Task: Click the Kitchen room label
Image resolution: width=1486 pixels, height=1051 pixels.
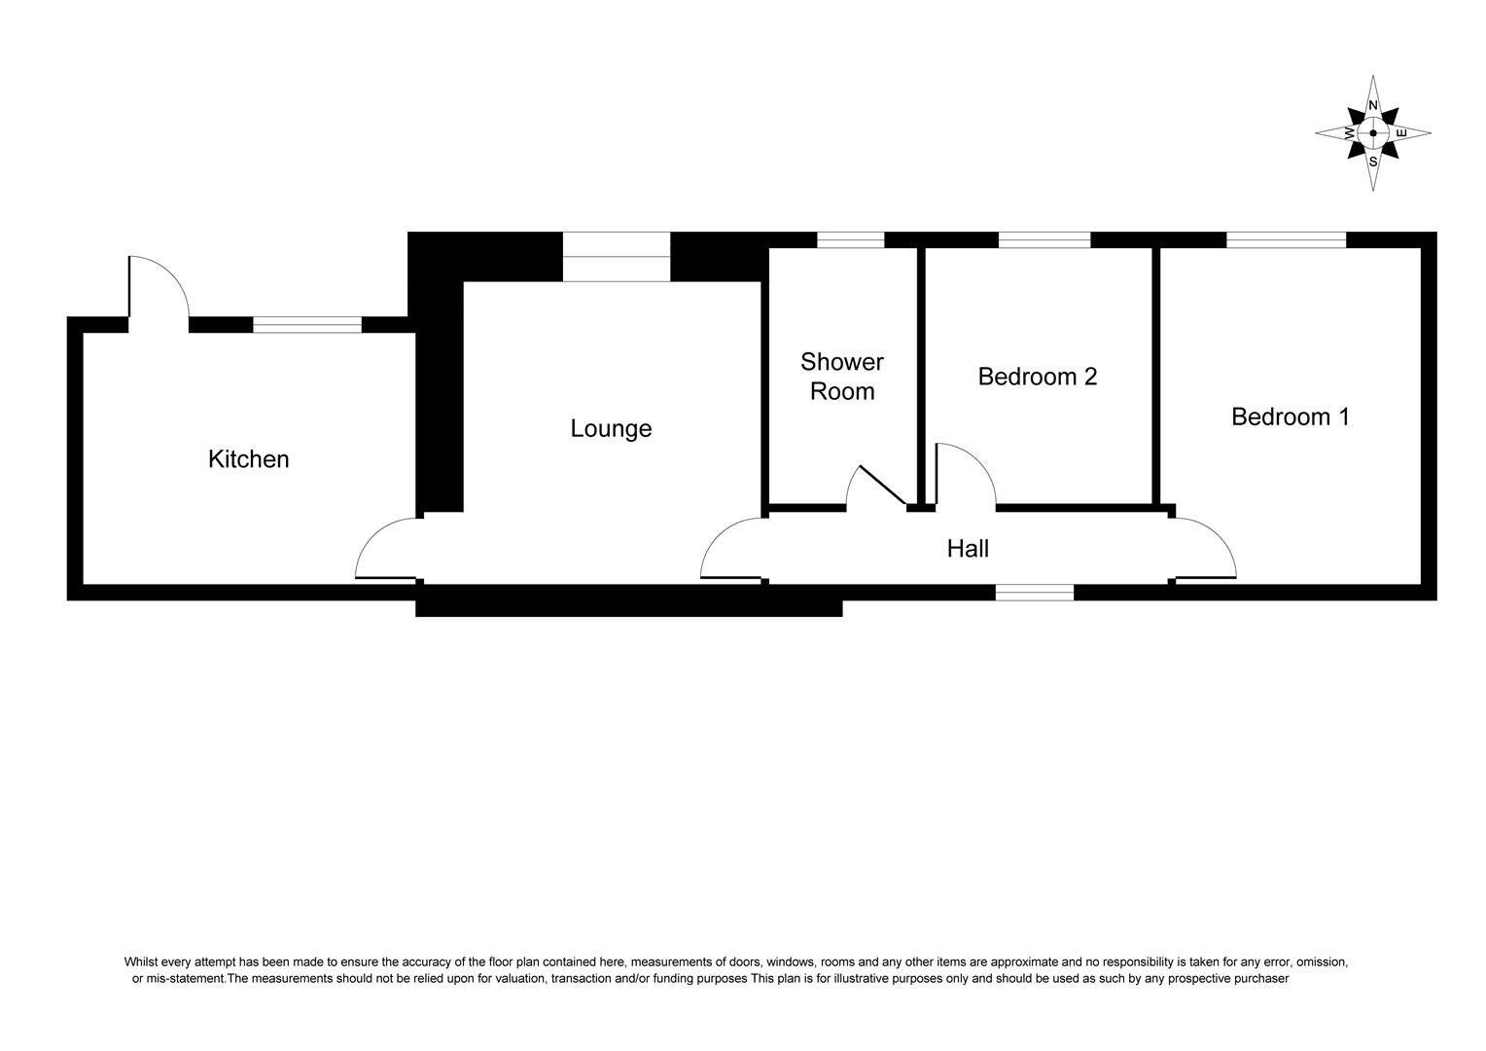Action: click(x=248, y=459)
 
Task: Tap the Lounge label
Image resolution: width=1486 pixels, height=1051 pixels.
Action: click(x=611, y=428)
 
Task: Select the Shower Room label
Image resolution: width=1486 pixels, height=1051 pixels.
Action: click(x=842, y=377)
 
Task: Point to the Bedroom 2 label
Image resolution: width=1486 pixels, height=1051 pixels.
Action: click(x=1037, y=377)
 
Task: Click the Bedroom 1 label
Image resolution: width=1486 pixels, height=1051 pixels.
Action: click(x=1290, y=417)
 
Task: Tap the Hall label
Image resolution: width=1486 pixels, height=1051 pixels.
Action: click(x=968, y=549)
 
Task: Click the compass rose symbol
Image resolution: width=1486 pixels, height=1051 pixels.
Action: click(x=1372, y=133)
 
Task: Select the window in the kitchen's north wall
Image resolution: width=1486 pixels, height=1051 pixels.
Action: click(x=306, y=325)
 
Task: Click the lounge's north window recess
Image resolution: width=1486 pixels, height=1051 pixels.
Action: click(x=617, y=257)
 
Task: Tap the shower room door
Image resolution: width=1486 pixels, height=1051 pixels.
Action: click(x=878, y=487)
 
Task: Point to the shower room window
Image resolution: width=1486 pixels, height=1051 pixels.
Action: click(x=851, y=239)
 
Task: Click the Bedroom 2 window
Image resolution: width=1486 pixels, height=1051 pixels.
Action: click(x=1044, y=239)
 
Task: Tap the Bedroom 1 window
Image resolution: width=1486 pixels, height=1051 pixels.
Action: click(x=1286, y=239)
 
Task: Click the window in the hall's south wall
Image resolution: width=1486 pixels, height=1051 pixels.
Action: click(x=1035, y=592)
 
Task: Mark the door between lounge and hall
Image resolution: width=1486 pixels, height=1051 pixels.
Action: click(x=732, y=551)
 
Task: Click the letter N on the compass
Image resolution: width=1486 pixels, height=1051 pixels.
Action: click(x=1373, y=105)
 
